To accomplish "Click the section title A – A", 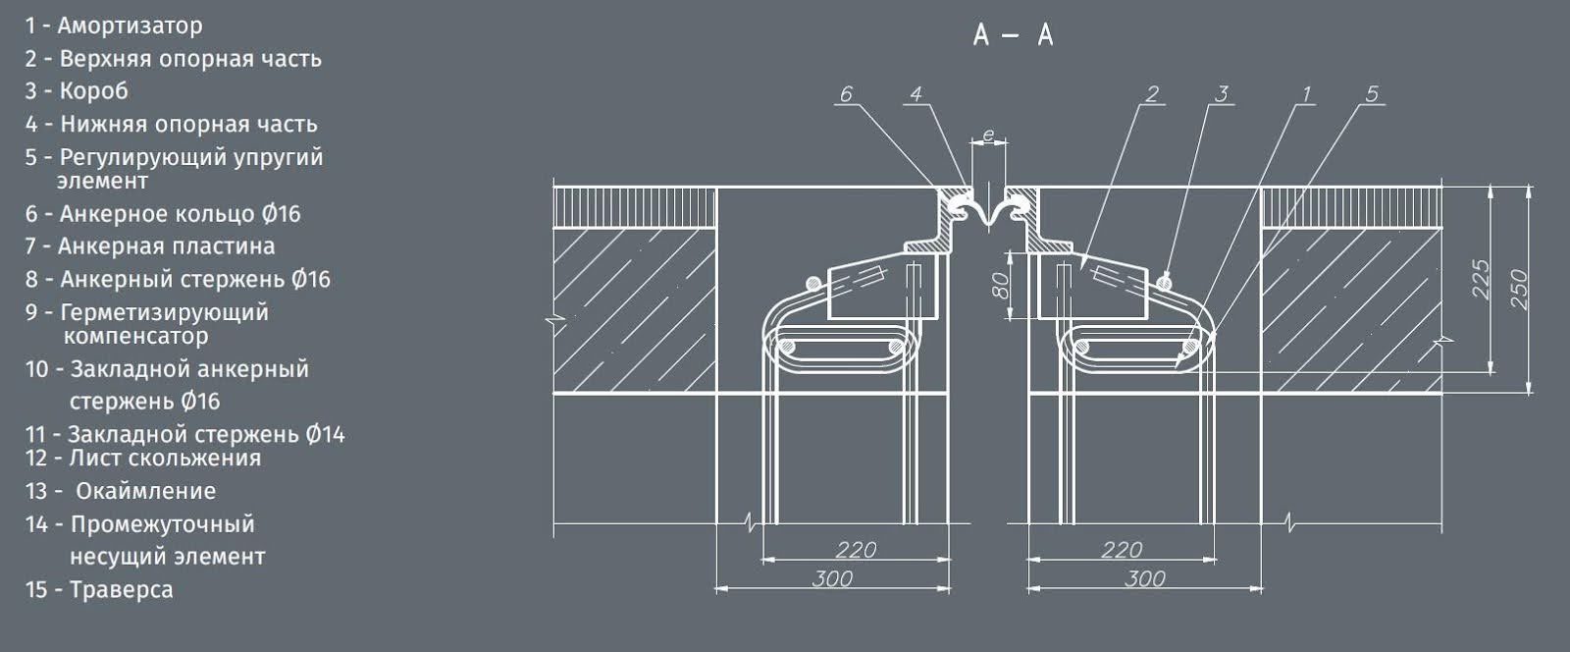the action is pyautogui.click(x=1013, y=34).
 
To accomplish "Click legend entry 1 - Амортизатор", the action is pyautogui.click(x=114, y=26).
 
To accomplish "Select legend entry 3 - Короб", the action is pyautogui.click(x=77, y=91).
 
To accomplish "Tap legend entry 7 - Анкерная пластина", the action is pyautogui.click(x=150, y=246).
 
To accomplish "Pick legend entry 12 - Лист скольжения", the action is pyautogui.click(x=143, y=458).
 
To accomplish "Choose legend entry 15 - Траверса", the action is pyautogui.click(x=99, y=589).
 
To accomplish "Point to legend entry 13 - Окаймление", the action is pyautogui.click(x=120, y=491).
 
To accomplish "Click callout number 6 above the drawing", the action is pyautogui.click(x=847, y=94).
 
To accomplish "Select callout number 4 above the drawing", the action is pyautogui.click(x=916, y=94).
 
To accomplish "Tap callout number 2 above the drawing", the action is pyautogui.click(x=1152, y=94).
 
